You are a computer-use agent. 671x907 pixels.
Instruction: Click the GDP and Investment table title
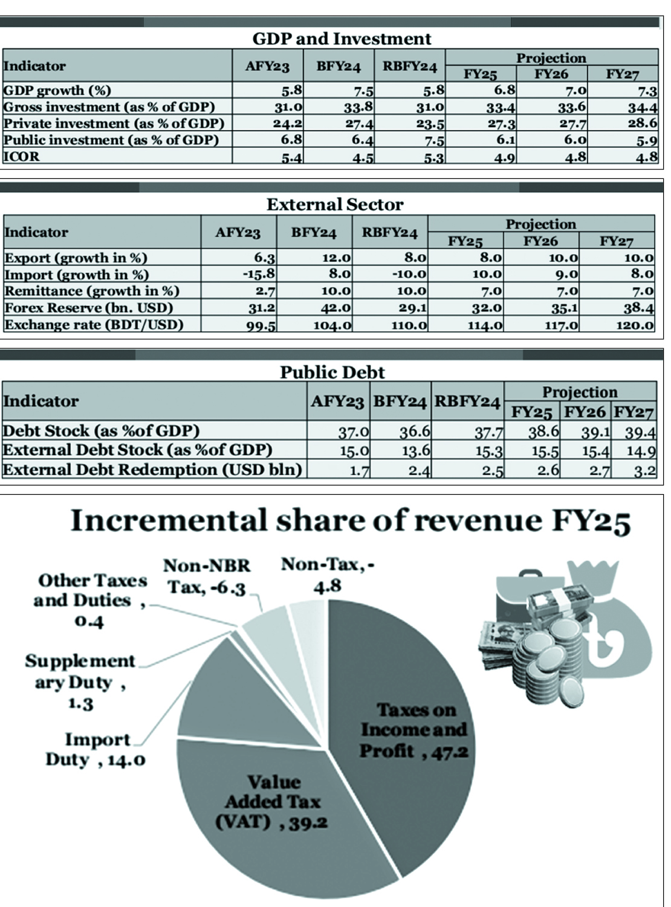coord(342,39)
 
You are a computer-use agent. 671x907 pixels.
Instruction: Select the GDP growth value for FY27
coord(647,91)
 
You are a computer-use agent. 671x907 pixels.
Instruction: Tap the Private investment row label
coord(114,123)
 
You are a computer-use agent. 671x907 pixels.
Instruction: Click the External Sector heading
coord(334,204)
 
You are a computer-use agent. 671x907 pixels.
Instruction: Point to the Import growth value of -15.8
coord(259,275)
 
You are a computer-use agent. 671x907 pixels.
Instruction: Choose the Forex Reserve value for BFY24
coord(335,308)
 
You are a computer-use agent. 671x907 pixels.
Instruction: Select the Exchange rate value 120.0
coord(638,325)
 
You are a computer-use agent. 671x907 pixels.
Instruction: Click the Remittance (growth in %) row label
coord(91,291)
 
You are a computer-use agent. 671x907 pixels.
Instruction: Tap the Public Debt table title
coord(332,372)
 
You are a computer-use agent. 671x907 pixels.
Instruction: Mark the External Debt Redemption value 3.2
coord(644,470)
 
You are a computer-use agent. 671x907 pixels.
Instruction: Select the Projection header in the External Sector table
coord(540,224)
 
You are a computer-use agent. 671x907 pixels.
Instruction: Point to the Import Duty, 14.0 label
coord(96,750)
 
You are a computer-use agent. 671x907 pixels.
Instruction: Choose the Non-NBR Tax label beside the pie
coord(206,577)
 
